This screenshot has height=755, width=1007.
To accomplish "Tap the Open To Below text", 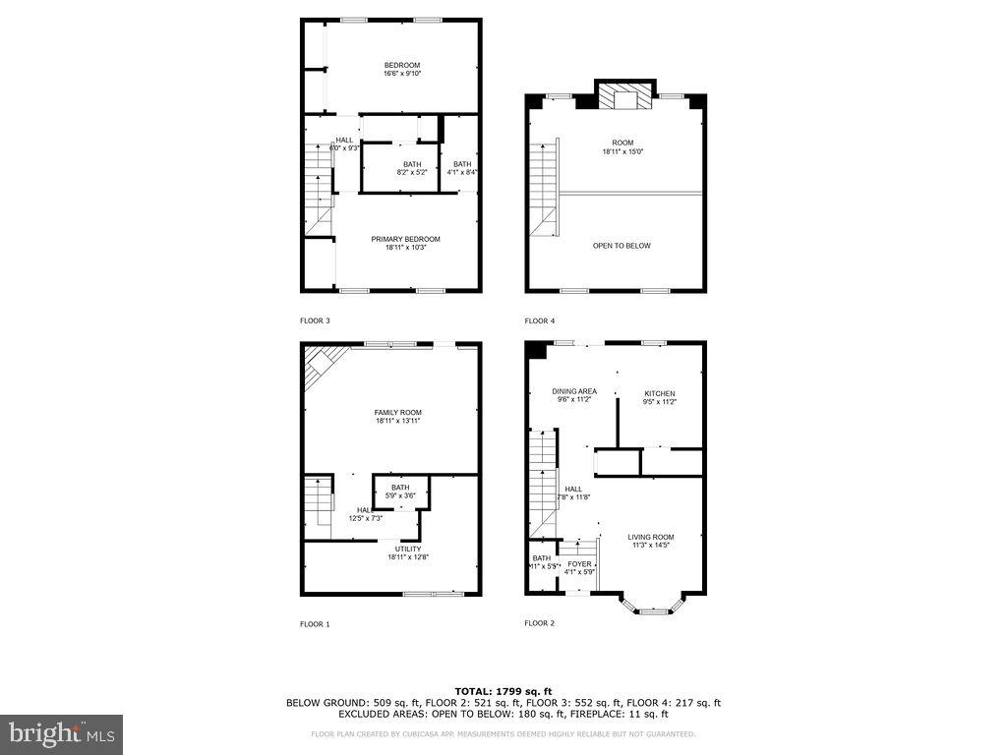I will (622, 246).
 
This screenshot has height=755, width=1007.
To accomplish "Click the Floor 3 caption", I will (315, 320).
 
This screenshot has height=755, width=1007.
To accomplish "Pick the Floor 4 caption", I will (540, 320).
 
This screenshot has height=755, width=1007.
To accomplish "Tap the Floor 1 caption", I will (315, 623).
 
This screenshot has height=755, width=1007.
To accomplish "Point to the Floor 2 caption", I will (540, 623).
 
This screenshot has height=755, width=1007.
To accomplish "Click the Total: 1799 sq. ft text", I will (503, 691).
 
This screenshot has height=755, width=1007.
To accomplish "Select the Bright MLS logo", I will (61, 733).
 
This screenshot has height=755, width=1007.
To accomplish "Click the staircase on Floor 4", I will (545, 187).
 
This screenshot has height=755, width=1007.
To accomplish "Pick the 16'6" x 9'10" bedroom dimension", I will (402, 74).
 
